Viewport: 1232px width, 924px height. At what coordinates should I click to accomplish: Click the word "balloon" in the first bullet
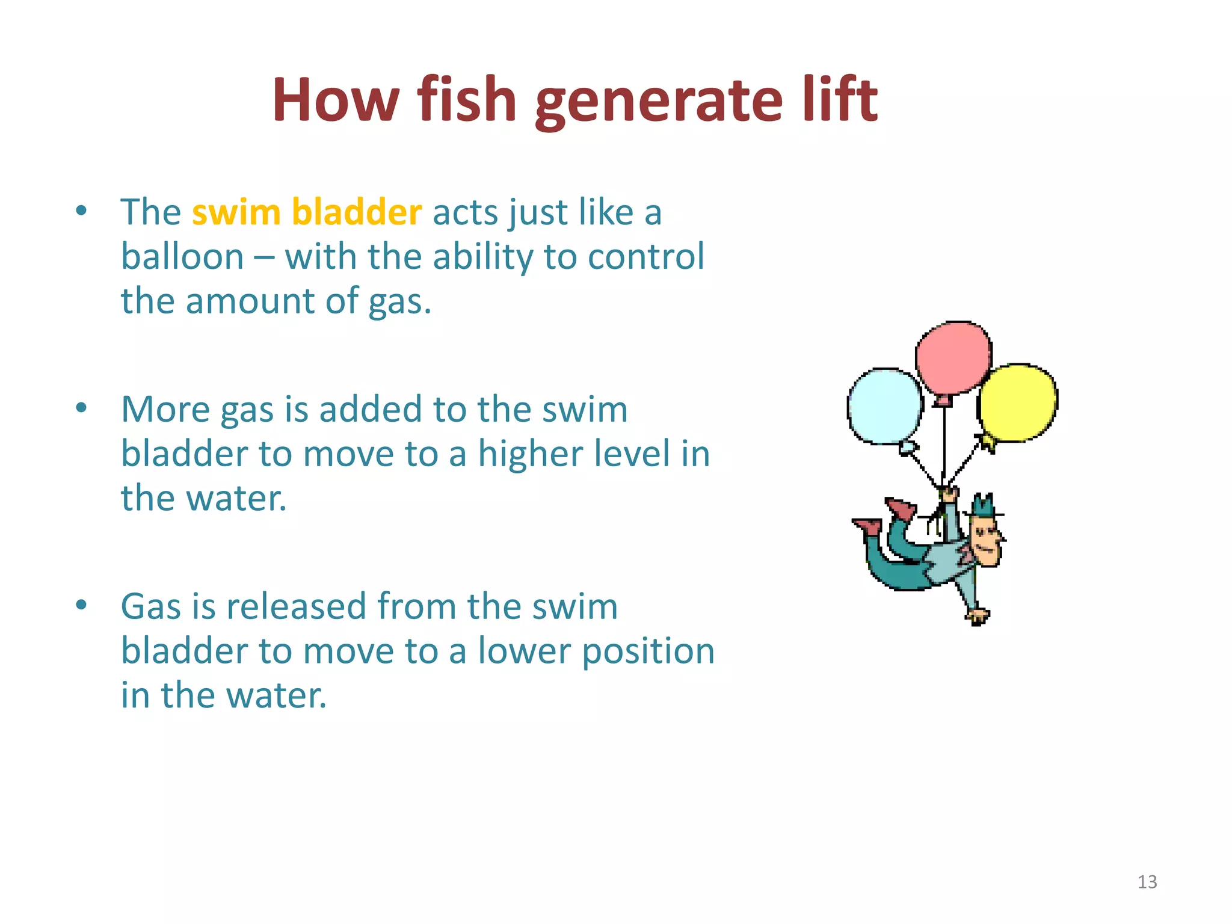pos(182,257)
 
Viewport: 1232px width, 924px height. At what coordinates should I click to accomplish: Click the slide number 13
pos(1147,882)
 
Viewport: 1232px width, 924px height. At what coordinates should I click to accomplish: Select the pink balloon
pos(953,358)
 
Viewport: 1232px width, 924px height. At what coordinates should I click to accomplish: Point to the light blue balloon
pos(884,405)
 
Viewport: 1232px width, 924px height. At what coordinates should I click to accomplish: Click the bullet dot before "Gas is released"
pos(82,605)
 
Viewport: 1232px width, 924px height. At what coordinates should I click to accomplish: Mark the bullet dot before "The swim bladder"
pos(82,211)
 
